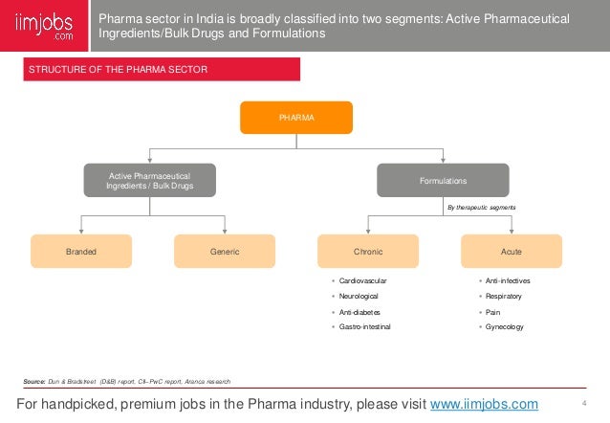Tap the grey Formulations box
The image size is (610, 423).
[443, 180]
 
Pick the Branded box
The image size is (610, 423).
[81, 252]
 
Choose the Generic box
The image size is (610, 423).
[224, 252]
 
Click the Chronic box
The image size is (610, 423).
[368, 252]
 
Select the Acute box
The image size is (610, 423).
[511, 252]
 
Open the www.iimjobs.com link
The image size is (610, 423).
[484, 404]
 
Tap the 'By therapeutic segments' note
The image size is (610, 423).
[483, 206]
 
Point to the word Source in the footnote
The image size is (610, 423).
[34, 381]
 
